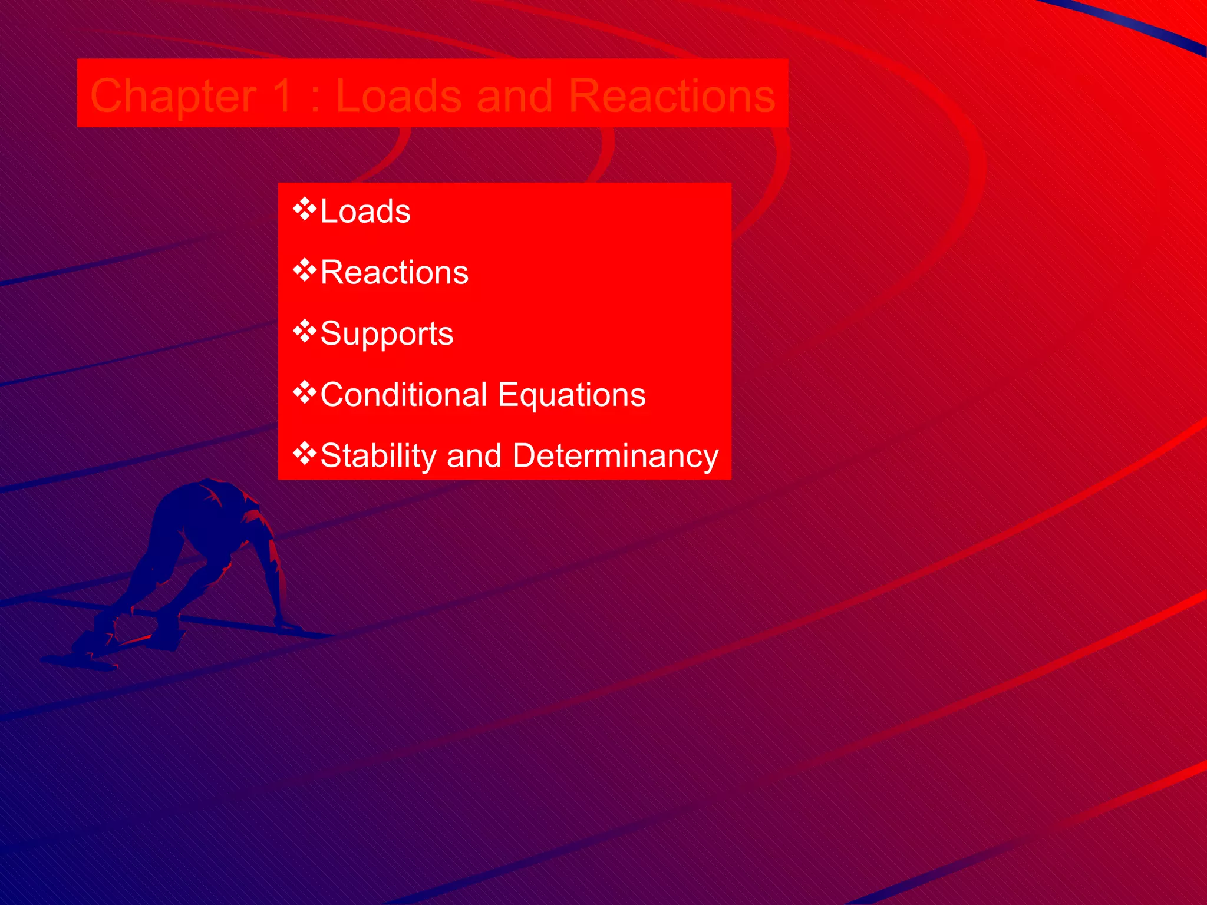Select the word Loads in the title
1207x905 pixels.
[x=398, y=95]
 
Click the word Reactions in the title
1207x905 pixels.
[x=672, y=95]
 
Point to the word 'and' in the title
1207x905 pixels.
[x=515, y=95]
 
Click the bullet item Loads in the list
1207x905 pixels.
[x=365, y=211]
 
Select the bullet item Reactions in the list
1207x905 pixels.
[x=394, y=272]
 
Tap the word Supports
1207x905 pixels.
[x=387, y=334]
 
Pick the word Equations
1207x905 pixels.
[x=571, y=395]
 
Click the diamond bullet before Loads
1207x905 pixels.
[x=305, y=209]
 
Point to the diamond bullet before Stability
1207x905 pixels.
[x=305, y=453]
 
